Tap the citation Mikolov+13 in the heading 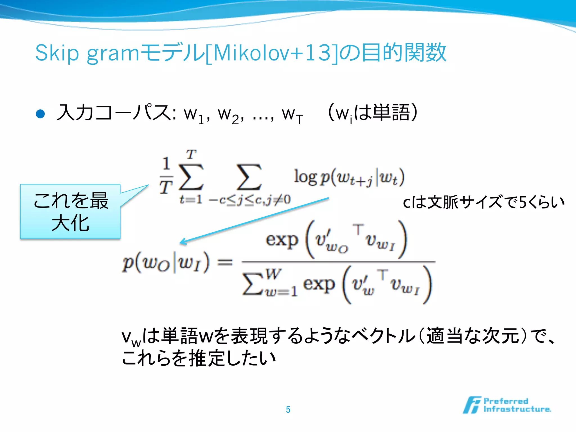point(272,53)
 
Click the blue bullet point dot point(40,114)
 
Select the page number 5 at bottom point(288,409)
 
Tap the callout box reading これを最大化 point(70,211)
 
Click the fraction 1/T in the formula point(166,176)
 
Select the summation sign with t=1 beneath point(191,177)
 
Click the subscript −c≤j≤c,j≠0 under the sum point(249,200)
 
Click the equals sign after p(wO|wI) point(225,263)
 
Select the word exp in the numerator point(282,240)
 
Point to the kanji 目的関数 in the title point(404,53)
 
